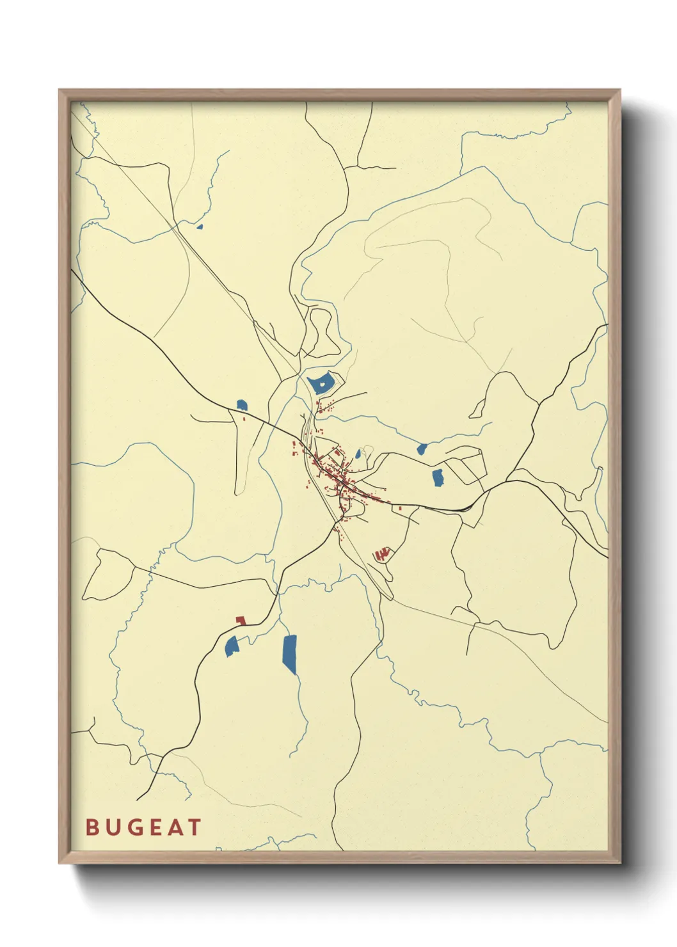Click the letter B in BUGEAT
point(93,827)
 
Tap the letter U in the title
point(115,827)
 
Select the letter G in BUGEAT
point(137,827)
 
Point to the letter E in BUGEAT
point(158,827)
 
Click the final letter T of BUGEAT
point(195,827)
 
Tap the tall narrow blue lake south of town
point(290,654)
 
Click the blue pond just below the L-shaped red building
point(232,646)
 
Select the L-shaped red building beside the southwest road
point(241,621)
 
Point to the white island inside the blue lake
point(323,384)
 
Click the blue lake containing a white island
point(317,386)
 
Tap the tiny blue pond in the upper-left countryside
point(200,226)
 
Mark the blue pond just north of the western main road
point(241,405)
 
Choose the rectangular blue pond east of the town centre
point(438,477)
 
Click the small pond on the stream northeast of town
point(422,449)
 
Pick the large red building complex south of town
point(382,553)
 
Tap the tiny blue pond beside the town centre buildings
point(358,454)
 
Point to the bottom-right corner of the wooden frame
point(619,862)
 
